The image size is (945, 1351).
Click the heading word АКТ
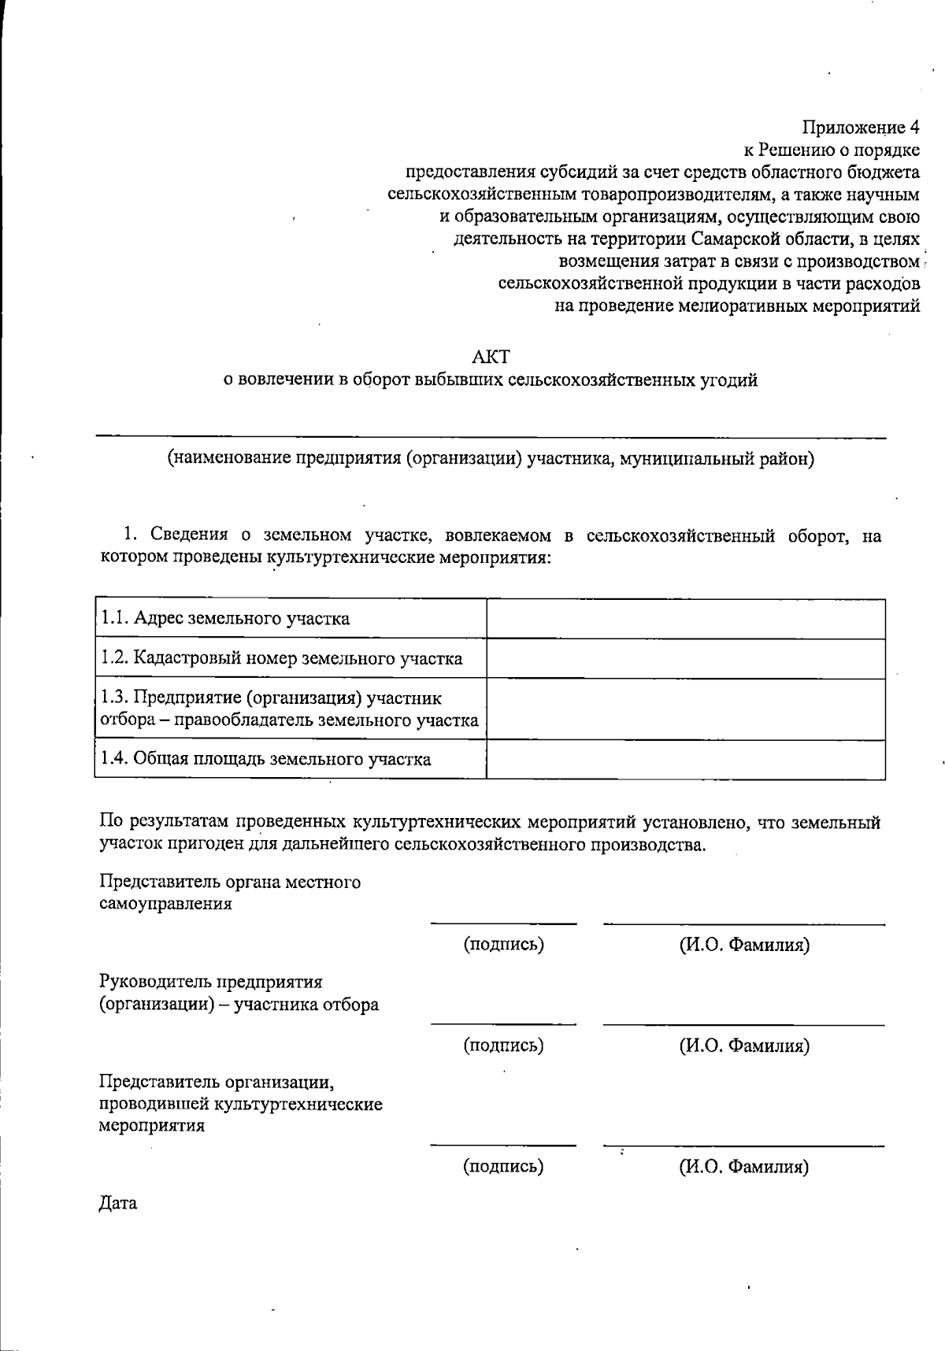coord(490,357)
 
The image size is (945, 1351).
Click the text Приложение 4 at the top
coord(861,128)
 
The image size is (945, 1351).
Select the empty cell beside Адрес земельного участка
coord(685,619)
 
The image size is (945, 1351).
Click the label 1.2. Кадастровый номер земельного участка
coord(282,659)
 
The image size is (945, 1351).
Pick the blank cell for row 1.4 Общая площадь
coord(685,760)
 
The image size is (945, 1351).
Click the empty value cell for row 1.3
coord(685,709)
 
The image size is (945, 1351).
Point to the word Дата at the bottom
coord(118,1204)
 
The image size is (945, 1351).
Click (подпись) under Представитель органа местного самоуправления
coord(504,945)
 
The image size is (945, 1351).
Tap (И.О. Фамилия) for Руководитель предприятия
coord(744,1046)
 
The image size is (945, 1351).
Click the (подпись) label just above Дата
coord(504,1166)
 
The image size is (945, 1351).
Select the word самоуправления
coord(165,904)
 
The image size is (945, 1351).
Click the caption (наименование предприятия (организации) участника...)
coord(490,459)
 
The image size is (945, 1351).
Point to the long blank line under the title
coord(490,437)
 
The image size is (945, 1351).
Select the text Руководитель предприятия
coord(210,983)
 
